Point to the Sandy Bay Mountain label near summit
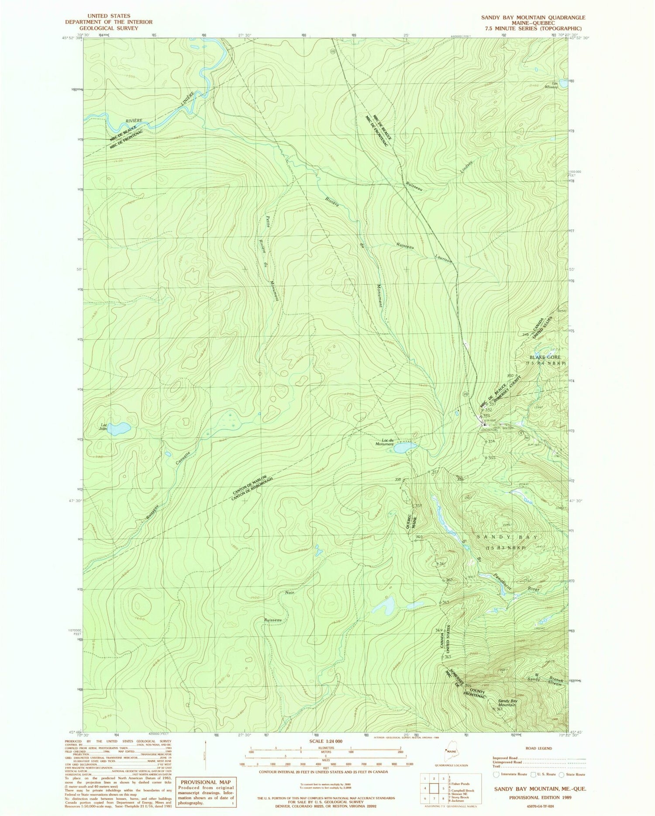click(507, 703)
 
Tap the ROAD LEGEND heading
click(539, 748)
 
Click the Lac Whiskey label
click(554, 85)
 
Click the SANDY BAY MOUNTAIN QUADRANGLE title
click(533, 17)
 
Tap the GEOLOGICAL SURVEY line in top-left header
click(109, 28)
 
